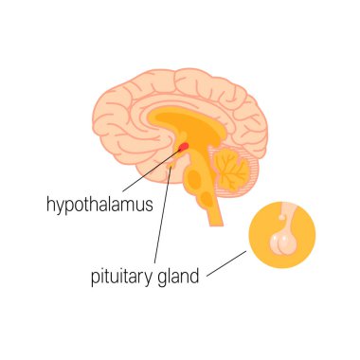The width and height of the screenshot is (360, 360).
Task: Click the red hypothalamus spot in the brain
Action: coord(183,145)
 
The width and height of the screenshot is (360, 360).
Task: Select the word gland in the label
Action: coord(178,278)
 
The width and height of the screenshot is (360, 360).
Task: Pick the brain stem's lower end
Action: coord(212,220)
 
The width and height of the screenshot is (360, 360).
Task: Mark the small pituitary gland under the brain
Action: coord(171,168)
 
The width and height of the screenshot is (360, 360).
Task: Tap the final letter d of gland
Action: coord(194,277)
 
